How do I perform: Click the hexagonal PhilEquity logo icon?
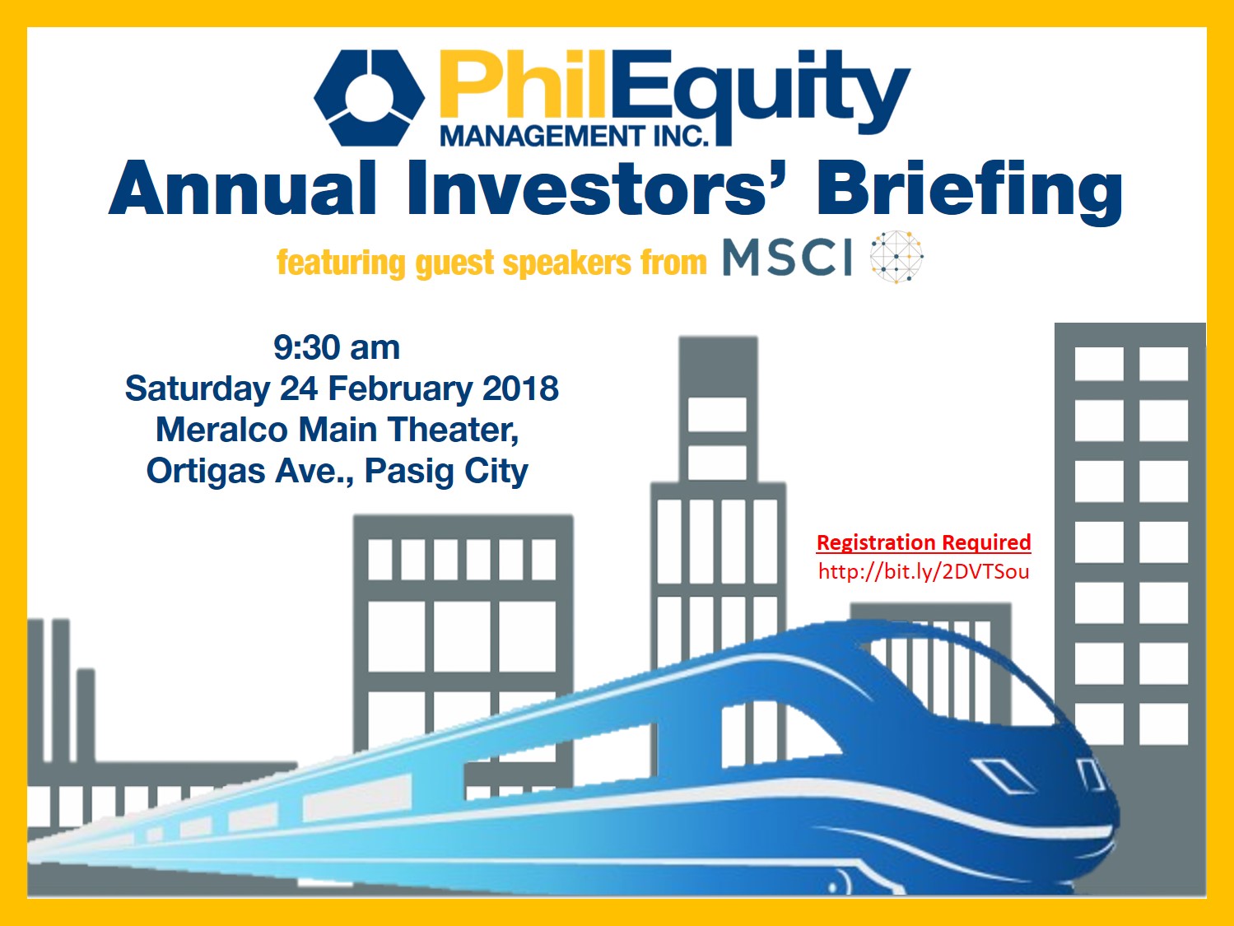(x=369, y=98)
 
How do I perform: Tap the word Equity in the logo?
(x=759, y=93)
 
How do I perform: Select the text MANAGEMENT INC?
(x=574, y=136)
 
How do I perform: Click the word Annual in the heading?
(x=242, y=188)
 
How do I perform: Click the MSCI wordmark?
(x=788, y=258)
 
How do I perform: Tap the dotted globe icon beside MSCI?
(x=896, y=257)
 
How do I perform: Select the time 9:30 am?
(x=337, y=348)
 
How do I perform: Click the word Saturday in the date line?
(x=198, y=389)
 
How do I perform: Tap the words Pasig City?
(x=446, y=472)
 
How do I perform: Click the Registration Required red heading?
(x=924, y=542)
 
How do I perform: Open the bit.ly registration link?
(x=924, y=571)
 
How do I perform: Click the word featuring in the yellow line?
(x=342, y=263)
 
